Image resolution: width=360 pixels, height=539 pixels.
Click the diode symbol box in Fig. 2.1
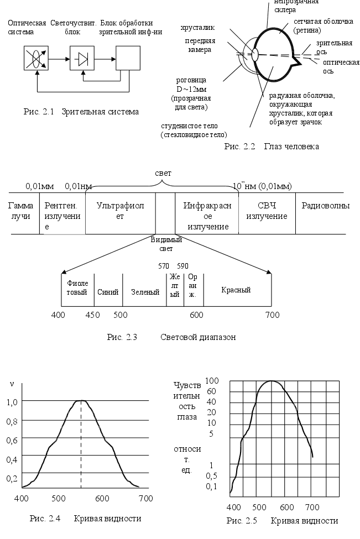point(83,57)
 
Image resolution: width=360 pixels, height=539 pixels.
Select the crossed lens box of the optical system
point(36,57)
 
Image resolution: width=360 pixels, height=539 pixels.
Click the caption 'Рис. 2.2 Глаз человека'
point(272,146)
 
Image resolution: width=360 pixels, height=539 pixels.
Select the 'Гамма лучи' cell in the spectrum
point(20,211)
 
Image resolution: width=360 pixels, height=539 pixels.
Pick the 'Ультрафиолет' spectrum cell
point(120,211)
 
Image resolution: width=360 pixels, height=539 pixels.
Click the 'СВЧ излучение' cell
point(267,211)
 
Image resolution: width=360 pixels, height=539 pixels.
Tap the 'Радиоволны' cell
point(325,206)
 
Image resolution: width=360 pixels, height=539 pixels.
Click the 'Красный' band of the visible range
point(236,290)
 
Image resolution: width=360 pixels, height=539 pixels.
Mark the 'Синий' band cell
point(108,290)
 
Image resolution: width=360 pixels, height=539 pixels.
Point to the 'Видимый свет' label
point(166,244)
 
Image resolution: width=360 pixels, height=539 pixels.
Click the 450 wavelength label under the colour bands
point(92,315)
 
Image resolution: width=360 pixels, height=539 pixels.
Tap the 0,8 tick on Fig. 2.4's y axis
point(12,421)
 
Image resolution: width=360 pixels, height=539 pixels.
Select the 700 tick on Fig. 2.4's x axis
point(145,498)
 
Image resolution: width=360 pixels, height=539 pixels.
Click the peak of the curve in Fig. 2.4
point(81,400)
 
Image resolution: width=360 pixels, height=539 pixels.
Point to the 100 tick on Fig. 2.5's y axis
point(213,381)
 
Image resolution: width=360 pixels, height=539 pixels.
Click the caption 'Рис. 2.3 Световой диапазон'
point(171,337)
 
